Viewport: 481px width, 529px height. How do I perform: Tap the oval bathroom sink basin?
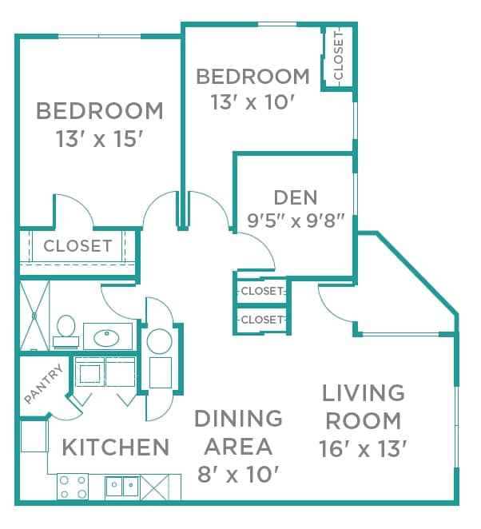107,336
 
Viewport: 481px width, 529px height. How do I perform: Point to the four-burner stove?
73,486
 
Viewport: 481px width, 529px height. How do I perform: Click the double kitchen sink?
122,486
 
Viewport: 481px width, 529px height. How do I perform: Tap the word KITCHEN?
115,447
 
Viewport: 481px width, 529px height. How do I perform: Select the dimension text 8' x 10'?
237,474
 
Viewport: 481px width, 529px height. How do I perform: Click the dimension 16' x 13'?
363,447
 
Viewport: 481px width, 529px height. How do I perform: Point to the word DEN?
295,197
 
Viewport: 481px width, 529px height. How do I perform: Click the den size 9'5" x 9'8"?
295,221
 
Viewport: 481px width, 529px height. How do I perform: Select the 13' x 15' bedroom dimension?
99,139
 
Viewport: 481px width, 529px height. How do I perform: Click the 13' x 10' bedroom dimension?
252,102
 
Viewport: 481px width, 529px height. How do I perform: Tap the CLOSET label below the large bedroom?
78,245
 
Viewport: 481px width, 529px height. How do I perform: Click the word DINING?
237,418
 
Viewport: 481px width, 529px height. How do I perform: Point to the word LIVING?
363,392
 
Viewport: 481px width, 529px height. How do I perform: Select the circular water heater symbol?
160,341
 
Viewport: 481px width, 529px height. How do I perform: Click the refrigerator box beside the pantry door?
34,437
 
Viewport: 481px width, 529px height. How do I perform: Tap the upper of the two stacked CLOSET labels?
261,291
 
